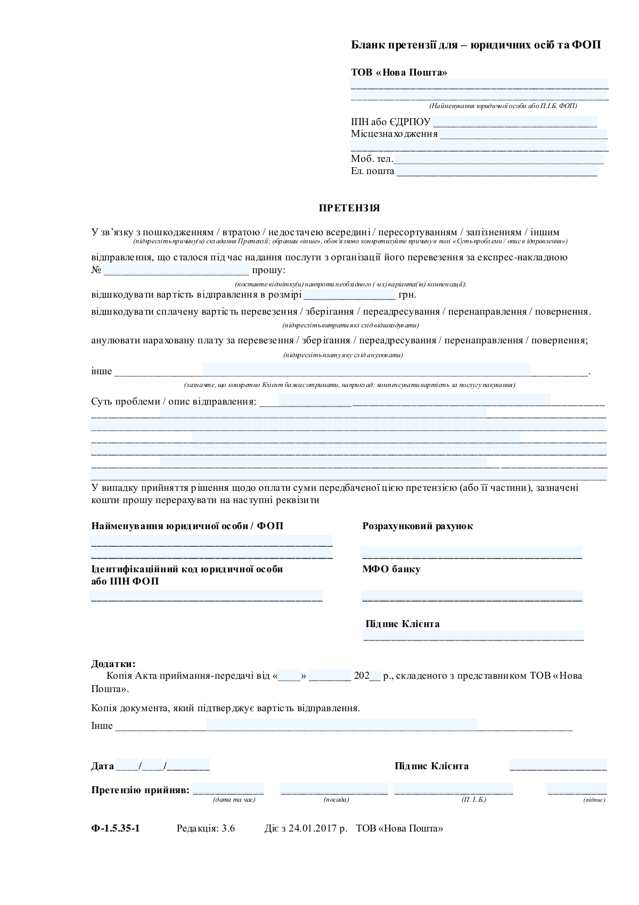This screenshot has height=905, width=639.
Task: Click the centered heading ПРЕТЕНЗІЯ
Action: tap(349, 208)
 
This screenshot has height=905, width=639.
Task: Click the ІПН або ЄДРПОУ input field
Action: tap(514, 122)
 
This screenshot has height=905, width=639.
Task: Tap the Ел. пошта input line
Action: tap(496, 171)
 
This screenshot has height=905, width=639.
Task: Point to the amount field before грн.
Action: tap(349, 294)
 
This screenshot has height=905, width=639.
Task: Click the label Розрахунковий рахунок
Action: tap(417, 526)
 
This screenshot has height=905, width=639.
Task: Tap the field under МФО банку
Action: tap(472, 596)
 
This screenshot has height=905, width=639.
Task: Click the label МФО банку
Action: tap(391, 569)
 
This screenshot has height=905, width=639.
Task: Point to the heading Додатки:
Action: tap(113, 664)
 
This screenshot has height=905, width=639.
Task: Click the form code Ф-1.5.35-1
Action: tap(116, 828)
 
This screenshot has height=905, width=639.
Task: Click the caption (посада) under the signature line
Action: tap(336, 800)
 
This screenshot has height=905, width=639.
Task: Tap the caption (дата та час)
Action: tap(234, 800)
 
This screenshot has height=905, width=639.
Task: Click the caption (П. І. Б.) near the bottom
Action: tap(474, 800)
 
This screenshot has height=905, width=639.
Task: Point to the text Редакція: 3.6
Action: tap(206, 828)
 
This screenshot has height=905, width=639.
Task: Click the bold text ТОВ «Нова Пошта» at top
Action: tap(399, 72)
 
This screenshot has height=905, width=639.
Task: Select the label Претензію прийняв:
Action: tap(140, 789)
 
